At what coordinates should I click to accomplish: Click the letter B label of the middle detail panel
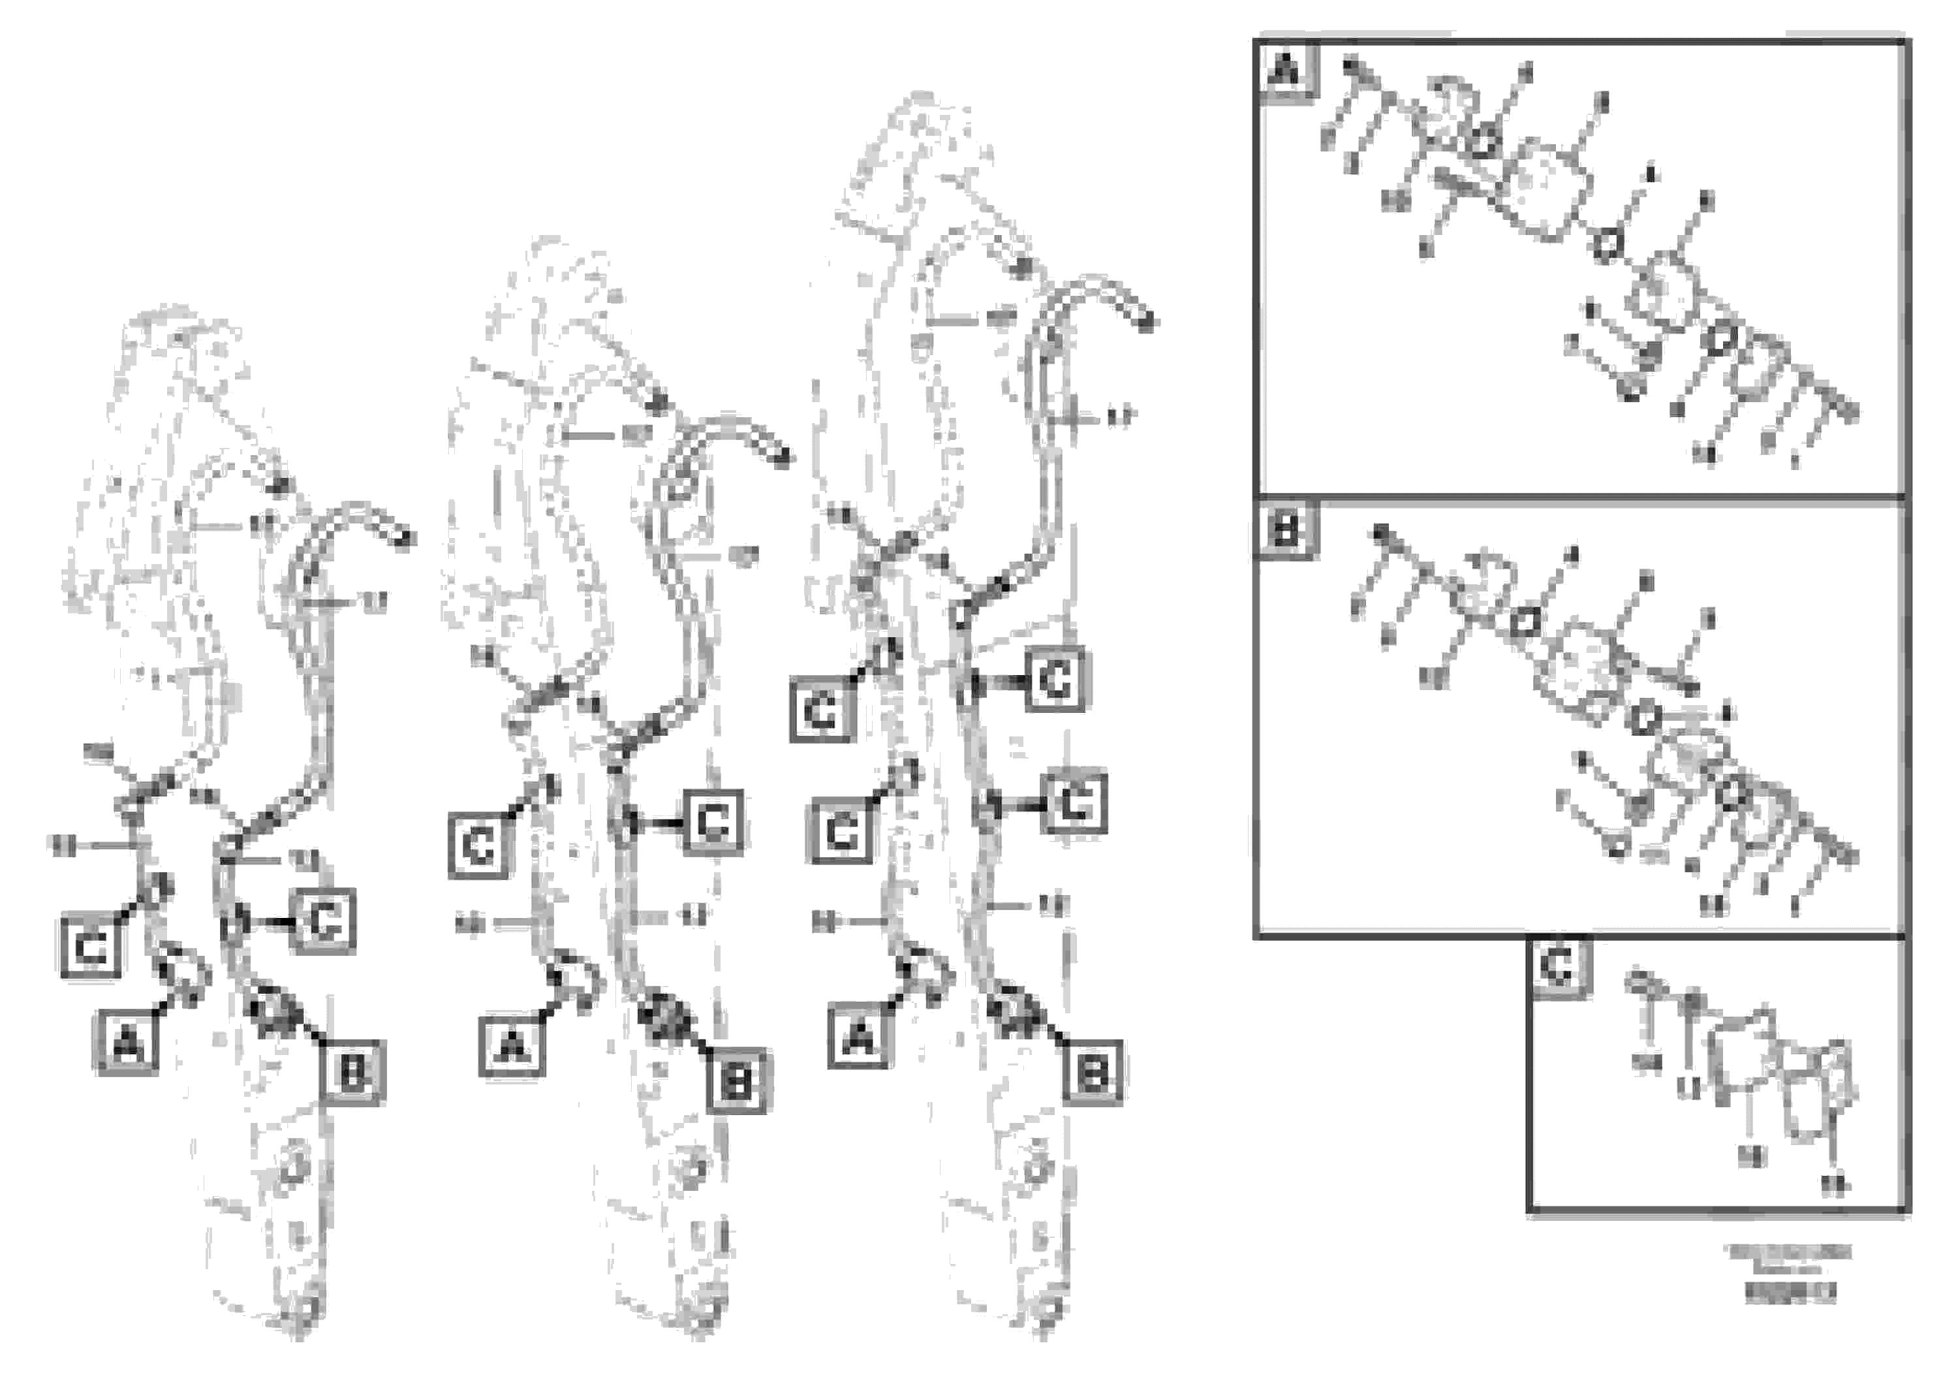coord(1286,531)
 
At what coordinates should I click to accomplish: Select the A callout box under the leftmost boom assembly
coord(127,1043)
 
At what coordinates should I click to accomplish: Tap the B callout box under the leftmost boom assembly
coord(352,1073)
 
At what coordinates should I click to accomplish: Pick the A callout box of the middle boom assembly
coord(512,1047)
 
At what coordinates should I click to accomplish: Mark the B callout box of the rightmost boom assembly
coord(1093,1073)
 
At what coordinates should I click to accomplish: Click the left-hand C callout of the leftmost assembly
coord(91,947)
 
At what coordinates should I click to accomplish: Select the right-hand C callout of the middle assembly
coord(713,821)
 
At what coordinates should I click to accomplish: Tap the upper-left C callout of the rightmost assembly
coord(821,711)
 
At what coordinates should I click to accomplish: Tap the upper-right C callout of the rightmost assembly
coord(1055,680)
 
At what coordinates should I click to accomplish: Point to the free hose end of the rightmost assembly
coord(1147,323)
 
